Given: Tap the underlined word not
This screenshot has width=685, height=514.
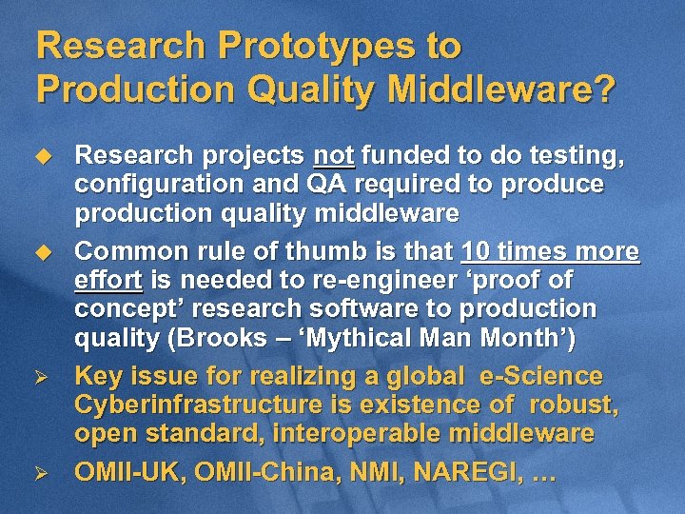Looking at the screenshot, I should click(x=333, y=154).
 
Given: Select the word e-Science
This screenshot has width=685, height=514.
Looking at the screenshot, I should click(x=539, y=376).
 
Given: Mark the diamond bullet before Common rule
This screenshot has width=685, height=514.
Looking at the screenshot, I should click(x=41, y=252).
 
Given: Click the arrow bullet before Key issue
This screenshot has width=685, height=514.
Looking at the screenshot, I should click(x=41, y=377).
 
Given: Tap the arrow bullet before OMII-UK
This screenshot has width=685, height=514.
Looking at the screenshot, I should click(x=41, y=472).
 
